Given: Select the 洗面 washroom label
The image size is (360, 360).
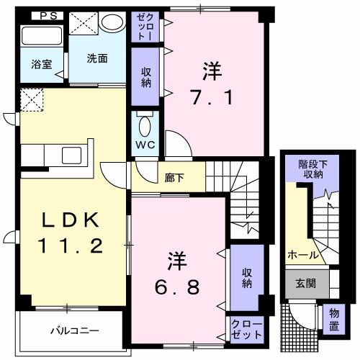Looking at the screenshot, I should click(98, 58).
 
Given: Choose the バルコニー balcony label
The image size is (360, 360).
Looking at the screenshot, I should click(74, 331).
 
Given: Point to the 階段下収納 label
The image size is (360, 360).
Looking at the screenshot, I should click(311, 169).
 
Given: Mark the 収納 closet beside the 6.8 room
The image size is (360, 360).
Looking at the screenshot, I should click(246, 278).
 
